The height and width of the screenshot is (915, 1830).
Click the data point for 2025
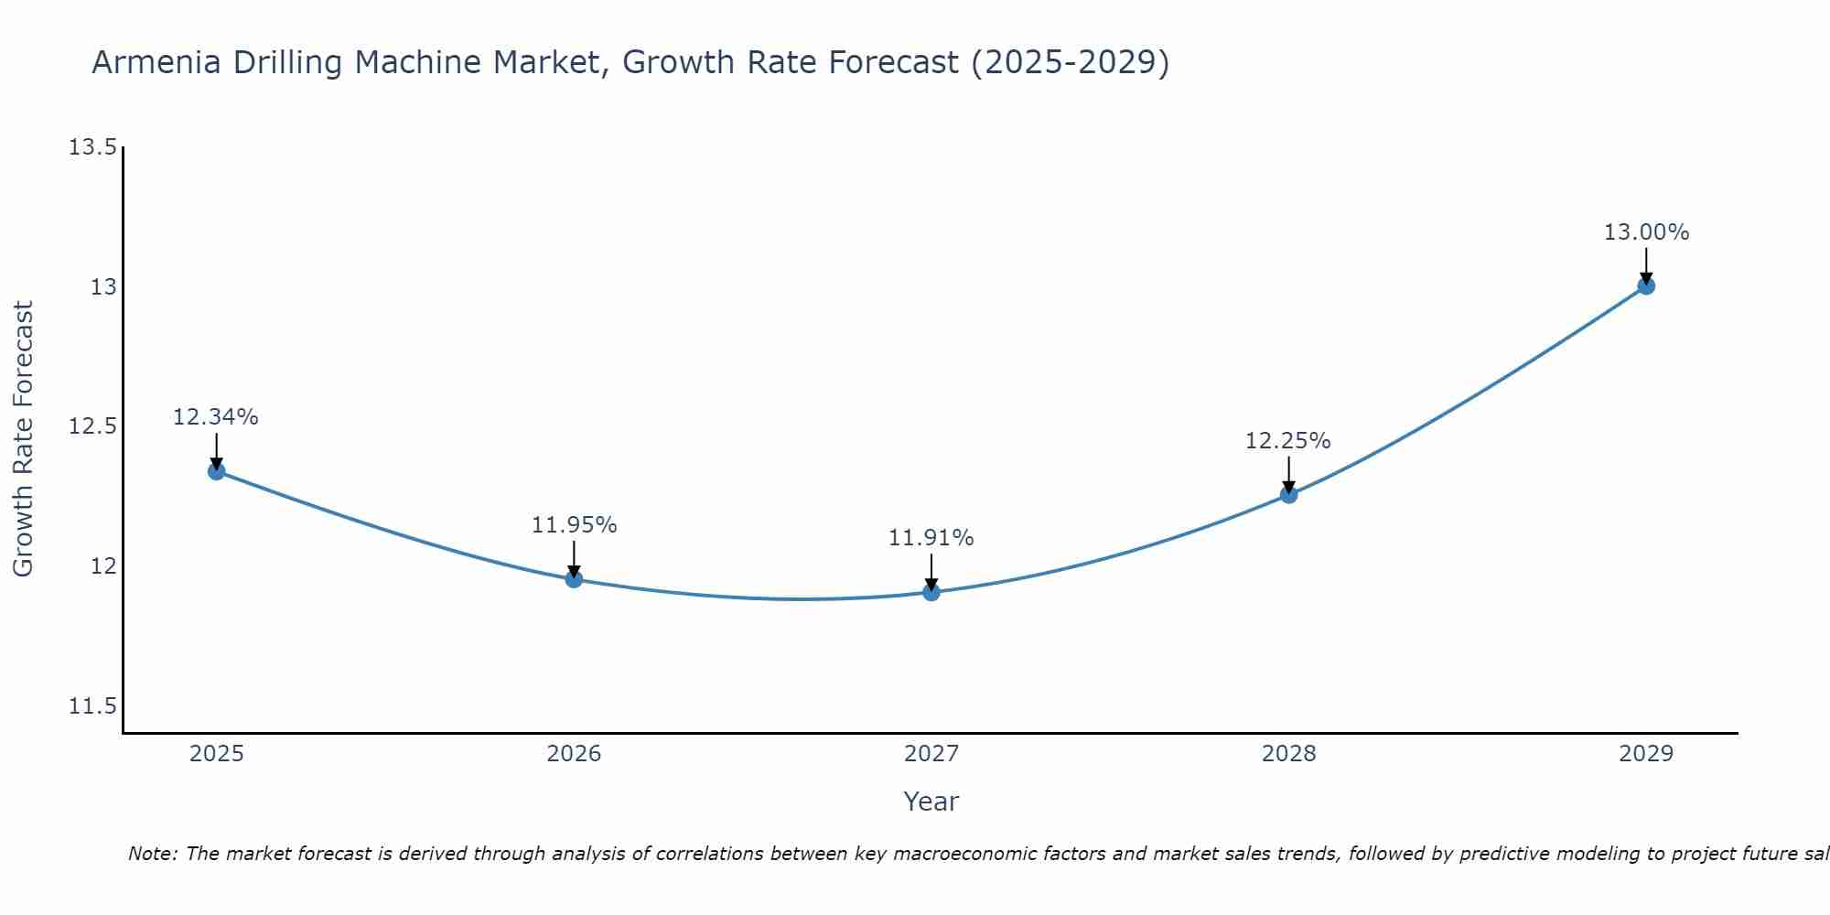pos(216,471)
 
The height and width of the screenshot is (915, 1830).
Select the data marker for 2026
pos(574,579)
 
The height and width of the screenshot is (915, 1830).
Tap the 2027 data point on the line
pos(931,592)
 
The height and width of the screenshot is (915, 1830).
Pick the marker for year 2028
pos(1288,495)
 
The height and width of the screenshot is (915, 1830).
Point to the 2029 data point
pos(1646,286)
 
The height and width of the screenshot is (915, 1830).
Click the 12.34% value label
pos(216,417)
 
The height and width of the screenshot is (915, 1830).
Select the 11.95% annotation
pos(574,525)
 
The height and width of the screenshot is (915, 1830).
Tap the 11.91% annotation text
pos(931,538)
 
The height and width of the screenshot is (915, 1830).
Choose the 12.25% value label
pos(1288,441)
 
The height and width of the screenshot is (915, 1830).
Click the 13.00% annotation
pos(1646,232)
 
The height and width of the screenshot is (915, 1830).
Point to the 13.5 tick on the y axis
pos(93,147)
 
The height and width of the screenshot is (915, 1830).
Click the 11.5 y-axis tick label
pos(93,706)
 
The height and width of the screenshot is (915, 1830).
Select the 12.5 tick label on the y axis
pos(93,427)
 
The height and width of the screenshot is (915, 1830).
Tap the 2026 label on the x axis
pos(574,754)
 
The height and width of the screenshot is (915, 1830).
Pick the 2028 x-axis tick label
pos(1288,754)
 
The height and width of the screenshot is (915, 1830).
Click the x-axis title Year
pos(931,802)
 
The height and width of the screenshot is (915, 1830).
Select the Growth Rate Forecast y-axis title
pos(23,439)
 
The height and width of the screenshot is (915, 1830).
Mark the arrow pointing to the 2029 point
pos(1646,265)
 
